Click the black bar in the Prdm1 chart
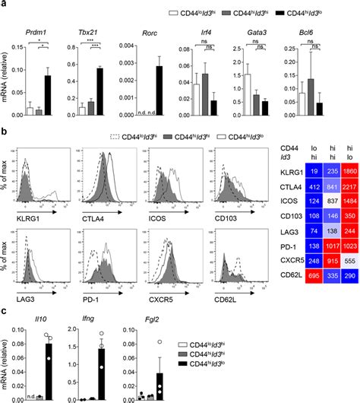46,96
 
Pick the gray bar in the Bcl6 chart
309,98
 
